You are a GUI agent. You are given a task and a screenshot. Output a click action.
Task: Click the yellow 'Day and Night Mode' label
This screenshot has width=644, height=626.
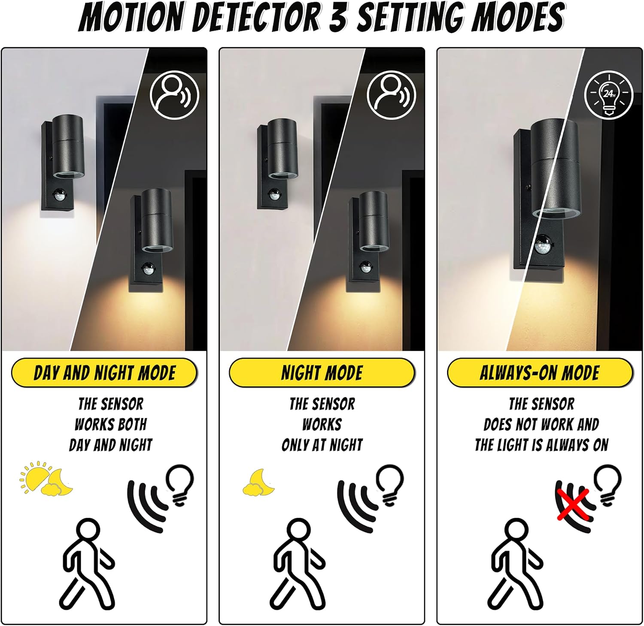[104, 372]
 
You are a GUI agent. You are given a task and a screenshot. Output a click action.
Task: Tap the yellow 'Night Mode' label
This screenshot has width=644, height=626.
[322, 372]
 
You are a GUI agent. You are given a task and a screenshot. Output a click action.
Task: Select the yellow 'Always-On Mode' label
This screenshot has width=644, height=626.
[540, 372]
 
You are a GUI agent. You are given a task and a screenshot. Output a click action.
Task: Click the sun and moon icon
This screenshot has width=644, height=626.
[46, 478]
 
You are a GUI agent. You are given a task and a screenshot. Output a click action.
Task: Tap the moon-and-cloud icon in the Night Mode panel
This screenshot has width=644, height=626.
[258, 482]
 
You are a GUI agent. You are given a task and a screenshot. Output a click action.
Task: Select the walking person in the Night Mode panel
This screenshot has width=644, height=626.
[297, 563]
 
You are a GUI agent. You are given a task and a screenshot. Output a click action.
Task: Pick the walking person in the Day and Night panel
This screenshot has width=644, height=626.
[87, 563]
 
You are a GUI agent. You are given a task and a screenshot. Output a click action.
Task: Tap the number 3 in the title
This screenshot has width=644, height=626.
[339, 17]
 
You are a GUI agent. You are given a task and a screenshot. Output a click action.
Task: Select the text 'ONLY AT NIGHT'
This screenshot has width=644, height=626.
[322, 445]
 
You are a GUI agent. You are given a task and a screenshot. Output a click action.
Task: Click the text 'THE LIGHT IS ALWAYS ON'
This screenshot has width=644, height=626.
[541, 445]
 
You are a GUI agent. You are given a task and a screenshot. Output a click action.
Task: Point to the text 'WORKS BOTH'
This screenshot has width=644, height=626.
[111, 424]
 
